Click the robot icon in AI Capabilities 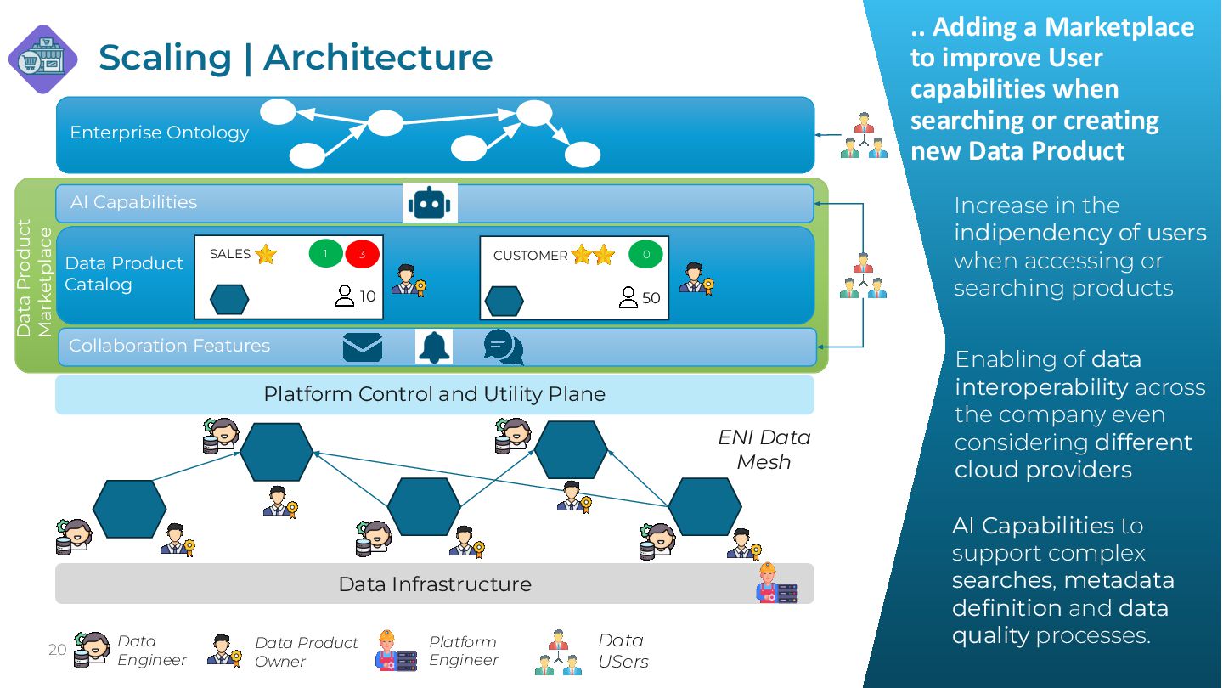(x=430, y=204)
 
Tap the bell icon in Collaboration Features (x=434, y=347)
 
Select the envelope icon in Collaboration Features (x=363, y=347)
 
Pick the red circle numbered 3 (x=362, y=254)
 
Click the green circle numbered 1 (x=325, y=254)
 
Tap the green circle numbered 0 (x=645, y=254)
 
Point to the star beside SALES (x=266, y=254)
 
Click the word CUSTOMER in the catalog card (x=530, y=255)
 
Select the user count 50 (x=651, y=297)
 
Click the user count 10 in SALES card (x=367, y=296)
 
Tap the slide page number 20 (x=57, y=650)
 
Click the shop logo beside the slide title (x=43, y=59)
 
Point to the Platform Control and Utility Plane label (x=434, y=394)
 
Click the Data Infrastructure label (x=434, y=584)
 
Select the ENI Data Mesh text (x=764, y=449)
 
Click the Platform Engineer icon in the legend (x=396, y=651)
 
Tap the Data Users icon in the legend (x=557, y=651)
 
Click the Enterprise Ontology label (x=159, y=133)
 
